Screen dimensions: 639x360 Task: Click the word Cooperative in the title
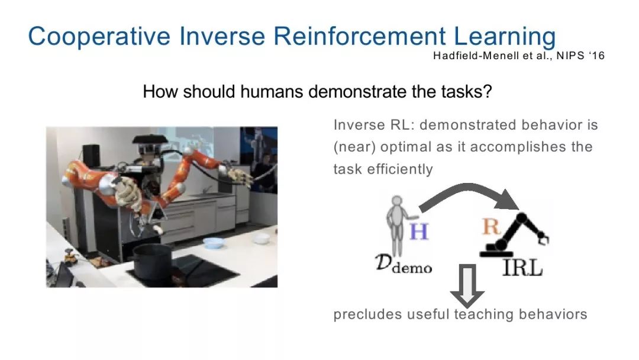pos(99,36)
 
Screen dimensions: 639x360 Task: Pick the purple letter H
pos(418,231)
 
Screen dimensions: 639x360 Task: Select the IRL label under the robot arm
pos(522,268)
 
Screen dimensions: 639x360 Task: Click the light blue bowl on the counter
pos(213,243)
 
